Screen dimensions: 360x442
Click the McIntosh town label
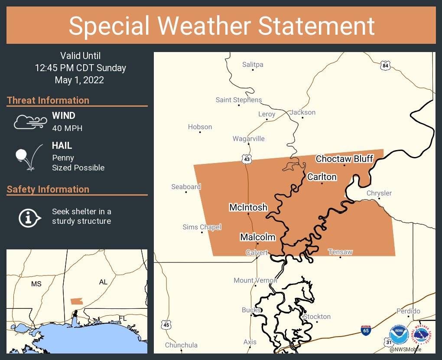[x=248, y=207]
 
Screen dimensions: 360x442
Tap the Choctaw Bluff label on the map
[x=344, y=159]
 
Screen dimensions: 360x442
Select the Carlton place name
[x=322, y=177]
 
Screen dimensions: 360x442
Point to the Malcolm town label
[x=258, y=237]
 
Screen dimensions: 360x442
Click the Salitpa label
[x=253, y=65]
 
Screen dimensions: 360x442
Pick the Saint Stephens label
[x=239, y=100]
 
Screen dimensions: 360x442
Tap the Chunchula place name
[x=181, y=345]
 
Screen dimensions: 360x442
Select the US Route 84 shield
[x=386, y=65]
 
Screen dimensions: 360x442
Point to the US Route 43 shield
[x=247, y=160]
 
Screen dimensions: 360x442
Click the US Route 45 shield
[x=166, y=324]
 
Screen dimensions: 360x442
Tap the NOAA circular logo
[x=399, y=335]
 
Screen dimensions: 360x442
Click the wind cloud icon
[x=30, y=122]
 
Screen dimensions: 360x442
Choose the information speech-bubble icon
[x=29, y=217]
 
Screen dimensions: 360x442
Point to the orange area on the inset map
[x=77, y=301]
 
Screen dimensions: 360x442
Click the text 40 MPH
[x=67, y=128]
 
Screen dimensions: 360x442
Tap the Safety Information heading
[x=48, y=189]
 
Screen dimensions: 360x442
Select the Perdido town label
[x=408, y=311]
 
